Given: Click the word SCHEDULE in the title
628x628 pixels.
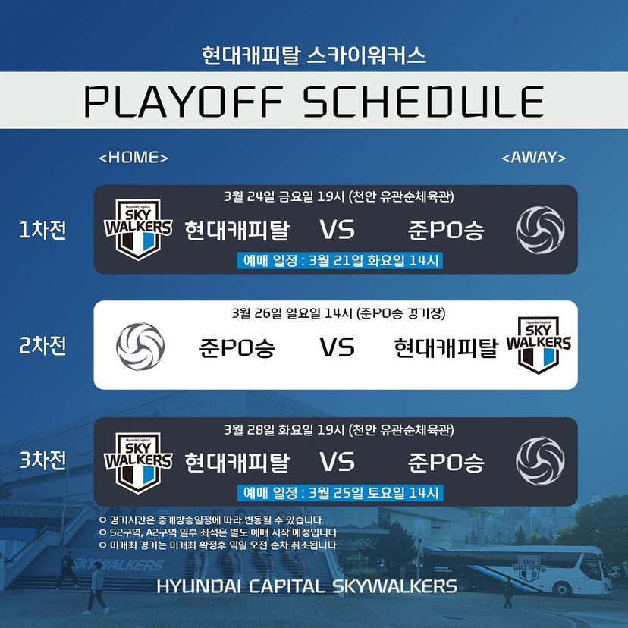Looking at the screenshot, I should pos(423,101).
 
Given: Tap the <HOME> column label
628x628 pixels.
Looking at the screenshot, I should pos(133,158).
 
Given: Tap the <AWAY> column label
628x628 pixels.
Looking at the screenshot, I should pos(534,158).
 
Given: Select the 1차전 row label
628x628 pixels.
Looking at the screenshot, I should pos(43,230).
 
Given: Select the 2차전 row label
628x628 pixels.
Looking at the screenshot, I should pos(43,346).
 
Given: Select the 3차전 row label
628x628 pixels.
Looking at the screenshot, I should pos(43,460).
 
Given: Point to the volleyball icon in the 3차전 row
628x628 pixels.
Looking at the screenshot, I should pos(540,461).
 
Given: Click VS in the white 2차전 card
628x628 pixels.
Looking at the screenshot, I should pos(337,347).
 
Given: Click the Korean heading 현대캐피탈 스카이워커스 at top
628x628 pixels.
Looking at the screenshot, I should pos(314,55).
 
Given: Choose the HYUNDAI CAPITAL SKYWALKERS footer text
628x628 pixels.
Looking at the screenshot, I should pos(306,586).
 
